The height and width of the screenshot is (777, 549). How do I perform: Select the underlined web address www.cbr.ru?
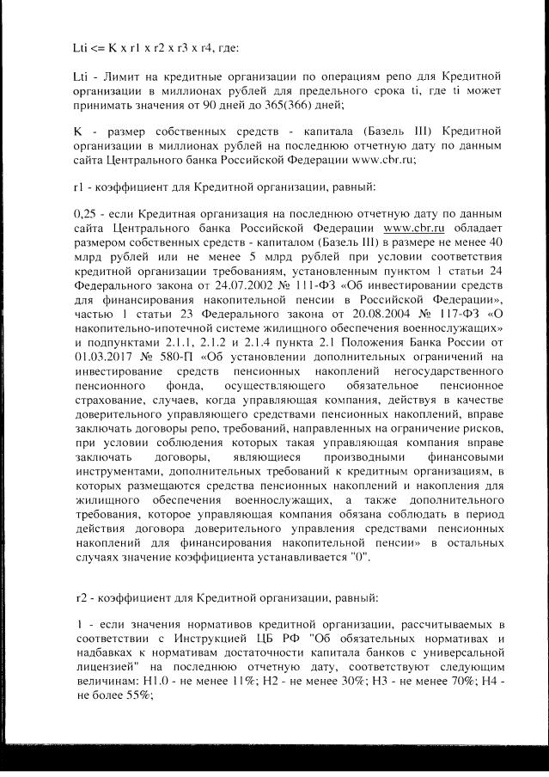(x=413, y=226)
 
